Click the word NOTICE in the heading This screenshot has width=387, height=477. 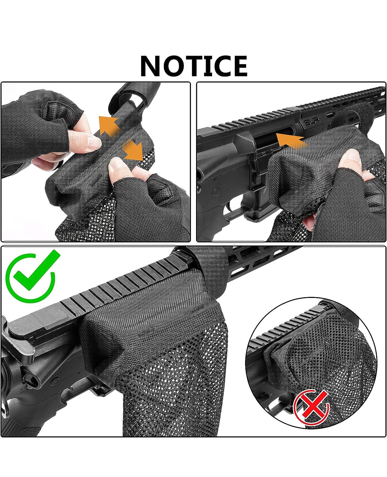[193, 66]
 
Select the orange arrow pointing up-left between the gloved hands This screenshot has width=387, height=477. [109, 125]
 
